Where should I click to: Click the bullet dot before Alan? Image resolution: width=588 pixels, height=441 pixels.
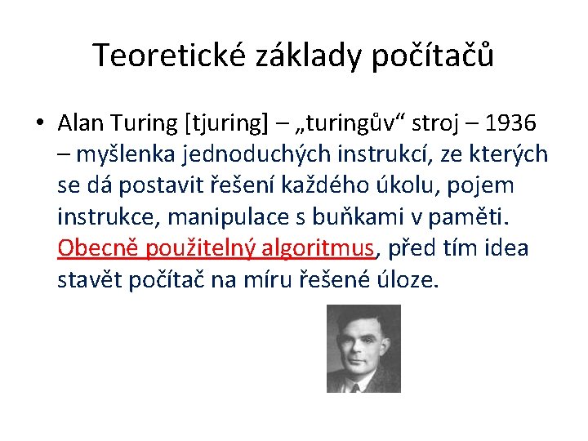(39, 123)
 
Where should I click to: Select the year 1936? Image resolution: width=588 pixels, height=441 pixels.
(510, 123)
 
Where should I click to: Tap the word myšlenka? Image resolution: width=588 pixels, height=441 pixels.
(116, 154)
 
